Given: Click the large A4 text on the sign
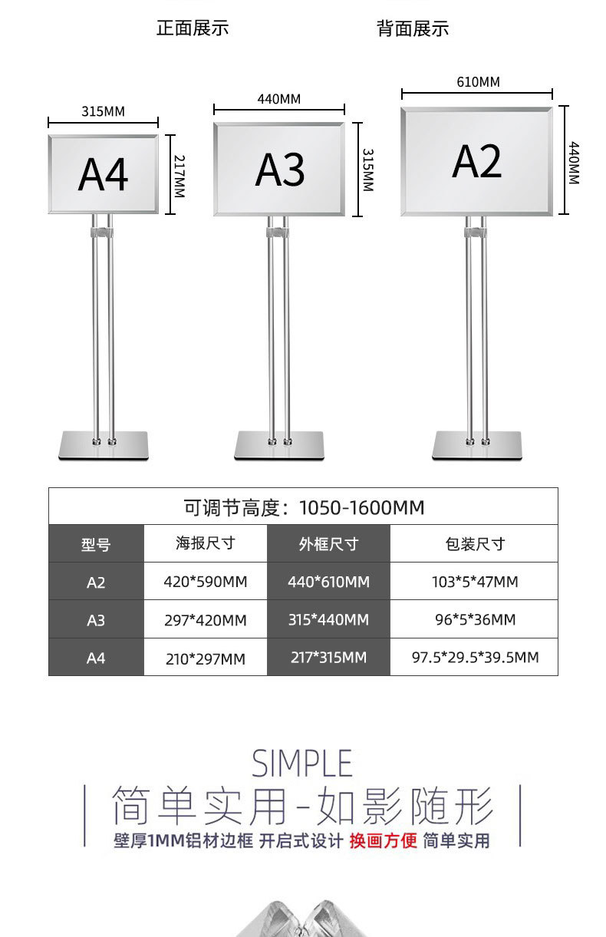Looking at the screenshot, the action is point(103,175).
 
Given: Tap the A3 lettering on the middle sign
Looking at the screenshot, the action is point(280,169).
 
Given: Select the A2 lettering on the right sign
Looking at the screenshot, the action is point(476,161).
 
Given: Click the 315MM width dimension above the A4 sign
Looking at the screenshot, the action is point(103,112).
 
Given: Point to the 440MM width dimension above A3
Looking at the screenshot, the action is point(278,100).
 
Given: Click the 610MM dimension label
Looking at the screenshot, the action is point(478,82).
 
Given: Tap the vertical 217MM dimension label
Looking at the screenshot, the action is point(179,176).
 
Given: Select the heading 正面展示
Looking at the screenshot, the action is point(193,28).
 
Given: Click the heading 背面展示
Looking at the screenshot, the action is point(413,29).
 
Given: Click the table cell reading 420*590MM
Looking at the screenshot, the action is point(206,582).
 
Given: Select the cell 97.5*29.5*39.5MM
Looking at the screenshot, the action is point(475,658).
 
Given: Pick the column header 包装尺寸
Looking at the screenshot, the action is point(475,544).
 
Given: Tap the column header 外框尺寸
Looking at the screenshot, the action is point(328,544).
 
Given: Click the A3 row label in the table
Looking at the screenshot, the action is point(96,620).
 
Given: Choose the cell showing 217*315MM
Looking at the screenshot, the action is point(328,658).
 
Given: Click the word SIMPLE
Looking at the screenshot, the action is point(302,764).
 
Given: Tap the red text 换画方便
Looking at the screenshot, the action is point(383,841).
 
